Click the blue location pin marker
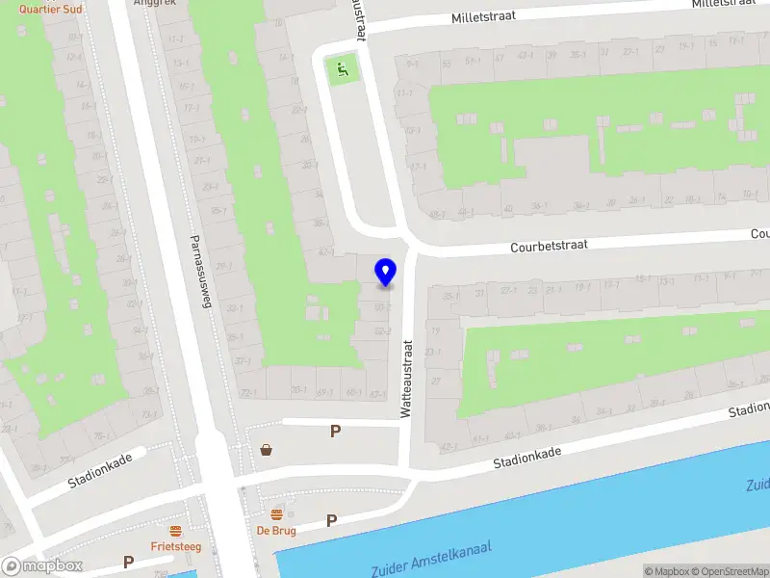tap(385, 273)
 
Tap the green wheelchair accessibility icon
tap(341, 68)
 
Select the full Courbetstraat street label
tap(548, 248)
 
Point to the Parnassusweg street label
tap(200, 269)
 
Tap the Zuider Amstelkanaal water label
tap(431, 558)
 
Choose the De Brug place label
tap(275, 530)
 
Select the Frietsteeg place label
tap(175, 545)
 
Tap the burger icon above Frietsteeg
tap(175, 531)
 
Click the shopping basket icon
tap(266, 449)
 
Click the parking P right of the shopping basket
tap(335, 432)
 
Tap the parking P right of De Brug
tap(331, 521)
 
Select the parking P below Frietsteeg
tap(128, 562)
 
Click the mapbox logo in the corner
tap(42, 565)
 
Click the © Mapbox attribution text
tap(666, 571)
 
